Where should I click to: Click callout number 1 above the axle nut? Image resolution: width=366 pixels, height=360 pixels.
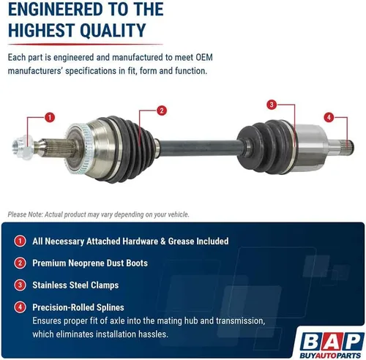point(50,117)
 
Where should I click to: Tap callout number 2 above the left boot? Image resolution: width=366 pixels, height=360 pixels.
point(162,110)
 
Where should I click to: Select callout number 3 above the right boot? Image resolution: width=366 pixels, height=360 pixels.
point(272,105)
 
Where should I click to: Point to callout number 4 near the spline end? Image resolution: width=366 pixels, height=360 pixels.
point(329,117)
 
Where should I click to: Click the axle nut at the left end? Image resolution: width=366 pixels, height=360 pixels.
point(23,147)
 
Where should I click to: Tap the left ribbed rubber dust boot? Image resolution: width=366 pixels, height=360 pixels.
point(130,149)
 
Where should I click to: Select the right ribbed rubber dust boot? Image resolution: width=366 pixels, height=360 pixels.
point(265,146)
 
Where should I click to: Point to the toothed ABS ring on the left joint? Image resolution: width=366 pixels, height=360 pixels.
point(78,149)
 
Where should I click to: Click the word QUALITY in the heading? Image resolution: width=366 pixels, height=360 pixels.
point(113,31)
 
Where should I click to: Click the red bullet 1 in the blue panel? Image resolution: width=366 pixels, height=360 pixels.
point(20,241)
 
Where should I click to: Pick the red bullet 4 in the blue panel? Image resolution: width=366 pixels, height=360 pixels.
point(20,307)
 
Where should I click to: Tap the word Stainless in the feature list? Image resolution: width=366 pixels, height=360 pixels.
point(50,285)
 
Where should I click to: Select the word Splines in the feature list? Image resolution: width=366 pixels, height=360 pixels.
point(111,307)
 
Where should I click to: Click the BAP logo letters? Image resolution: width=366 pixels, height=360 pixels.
point(332,342)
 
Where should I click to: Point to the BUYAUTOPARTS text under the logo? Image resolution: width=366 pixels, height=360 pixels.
point(330,356)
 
